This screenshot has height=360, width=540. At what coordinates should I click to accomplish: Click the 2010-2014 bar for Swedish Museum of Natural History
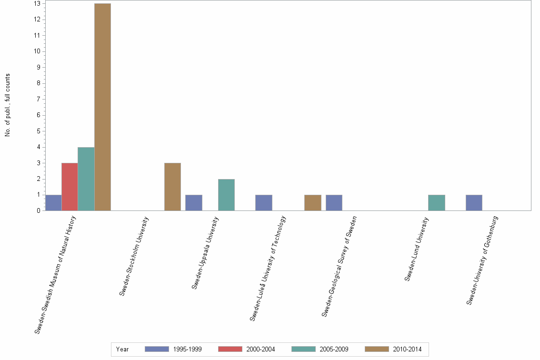[x=102, y=107]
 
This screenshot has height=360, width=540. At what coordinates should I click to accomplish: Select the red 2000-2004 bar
[x=70, y=187]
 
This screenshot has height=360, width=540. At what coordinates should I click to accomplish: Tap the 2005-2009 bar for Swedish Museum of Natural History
[x=86, y=179]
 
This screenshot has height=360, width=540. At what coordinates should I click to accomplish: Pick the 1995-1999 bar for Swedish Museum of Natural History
[x=53, y=203]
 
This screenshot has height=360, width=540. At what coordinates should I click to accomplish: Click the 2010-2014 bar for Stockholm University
[x=172, y=187]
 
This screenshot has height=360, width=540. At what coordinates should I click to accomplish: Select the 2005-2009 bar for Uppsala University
[x=226, y=195]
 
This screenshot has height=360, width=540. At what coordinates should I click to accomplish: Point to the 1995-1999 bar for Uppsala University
[x=194, y=203]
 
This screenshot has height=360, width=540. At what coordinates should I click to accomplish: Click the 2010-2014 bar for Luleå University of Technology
[x=313, y=203]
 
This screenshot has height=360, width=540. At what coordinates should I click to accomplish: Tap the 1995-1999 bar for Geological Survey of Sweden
[x=334, y=203]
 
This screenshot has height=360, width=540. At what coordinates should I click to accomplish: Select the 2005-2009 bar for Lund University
[x=437, y=203]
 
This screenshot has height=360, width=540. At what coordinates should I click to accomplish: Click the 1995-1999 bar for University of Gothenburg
[x=474, y=203]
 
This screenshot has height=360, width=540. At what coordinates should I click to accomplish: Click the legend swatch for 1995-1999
[x=157, y=349]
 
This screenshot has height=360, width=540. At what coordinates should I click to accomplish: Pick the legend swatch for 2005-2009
[x=303, y=349]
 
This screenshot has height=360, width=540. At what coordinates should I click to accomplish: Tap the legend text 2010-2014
[x=407, y=349]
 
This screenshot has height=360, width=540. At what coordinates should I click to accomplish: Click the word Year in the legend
[x=122, y=349]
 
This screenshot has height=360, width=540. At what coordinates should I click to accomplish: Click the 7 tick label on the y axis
[x=37, y=99]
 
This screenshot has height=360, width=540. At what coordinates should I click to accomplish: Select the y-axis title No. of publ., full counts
[x=8, y=105]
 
